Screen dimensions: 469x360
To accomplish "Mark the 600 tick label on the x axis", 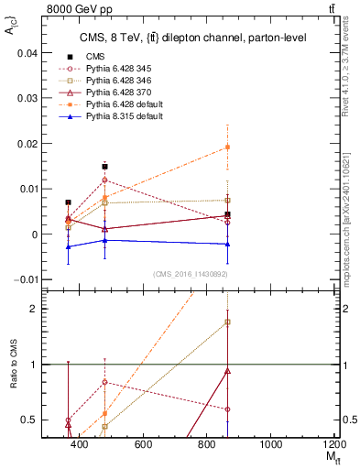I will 143,444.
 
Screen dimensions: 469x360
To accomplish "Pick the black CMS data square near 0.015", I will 105,167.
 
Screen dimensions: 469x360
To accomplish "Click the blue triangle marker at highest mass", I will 227,245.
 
